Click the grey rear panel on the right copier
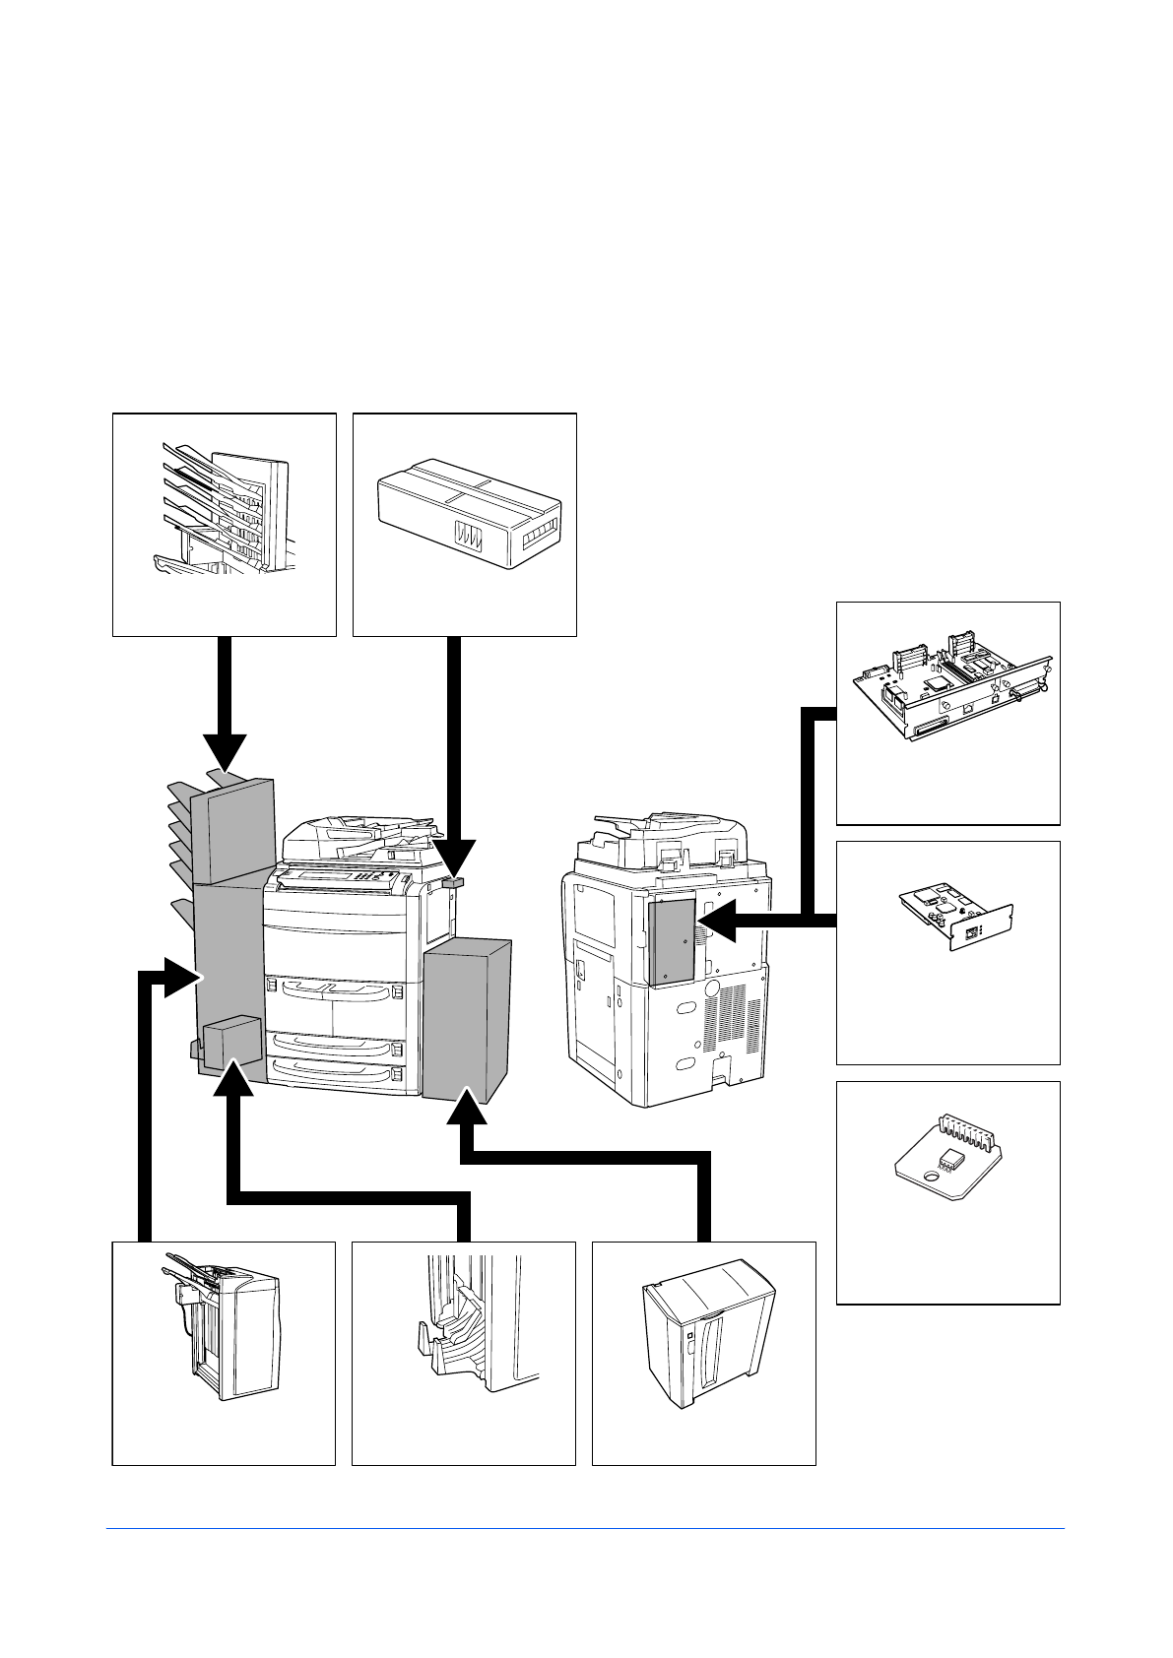coord(672,940)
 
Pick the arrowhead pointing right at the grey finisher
coord(183,977)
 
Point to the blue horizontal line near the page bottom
coord(585,1529)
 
